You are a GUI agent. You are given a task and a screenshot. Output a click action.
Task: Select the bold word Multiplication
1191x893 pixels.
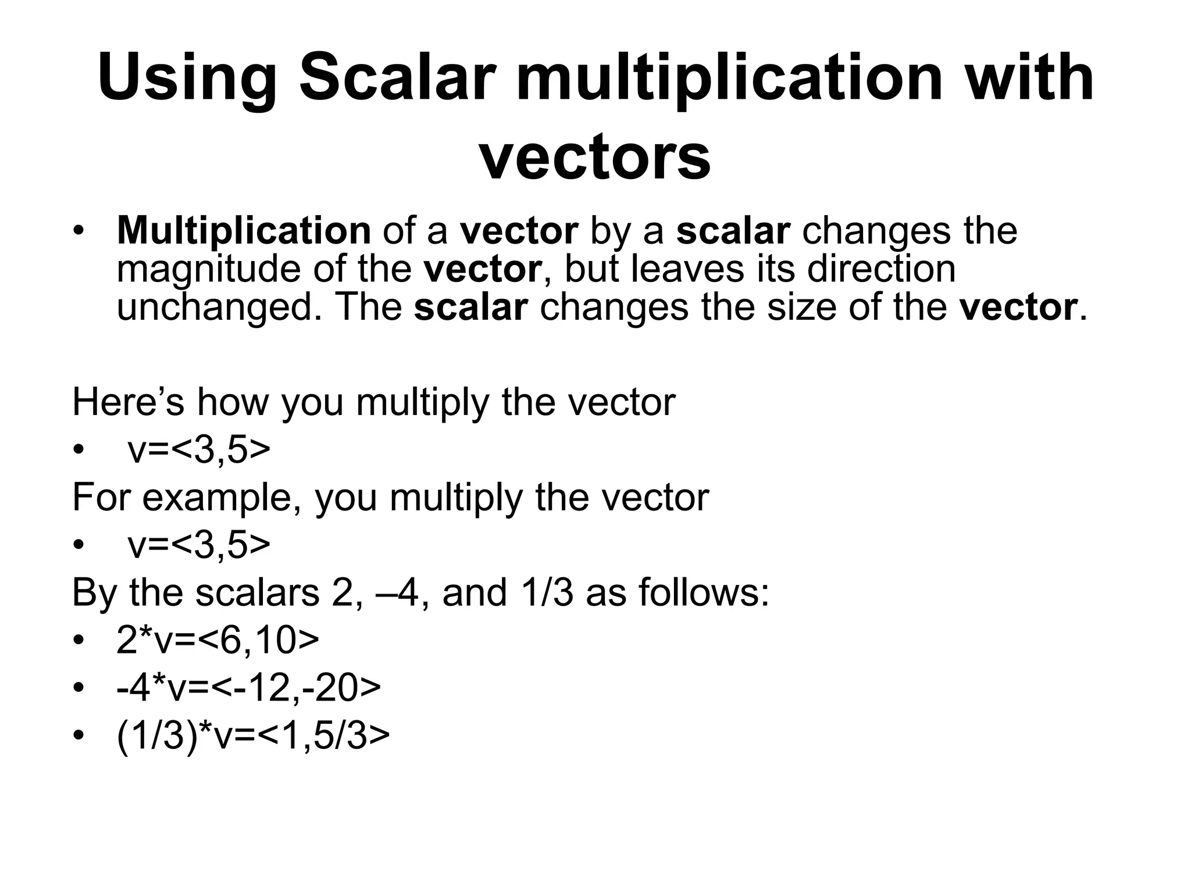click(x=244, y=231)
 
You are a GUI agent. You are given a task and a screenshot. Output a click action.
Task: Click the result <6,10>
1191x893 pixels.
click(x=258, y=641)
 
